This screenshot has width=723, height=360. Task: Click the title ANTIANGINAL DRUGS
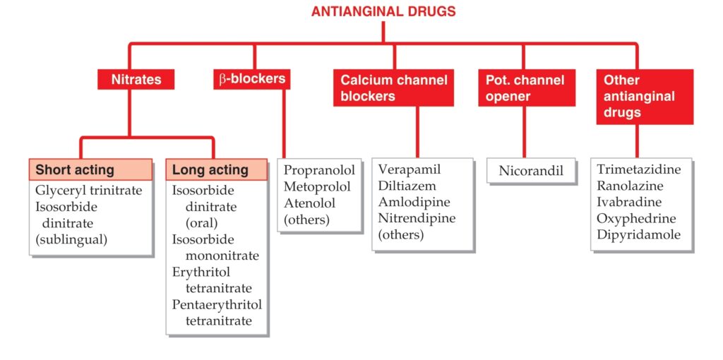coord(383,11)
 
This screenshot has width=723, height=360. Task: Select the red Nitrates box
coord(136,79)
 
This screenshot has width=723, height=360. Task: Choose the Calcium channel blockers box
coord(394,88)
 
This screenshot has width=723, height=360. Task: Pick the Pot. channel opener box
coord(527,88)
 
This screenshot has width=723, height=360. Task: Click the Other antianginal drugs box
coord(645,97)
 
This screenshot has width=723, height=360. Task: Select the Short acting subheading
coord(91,169)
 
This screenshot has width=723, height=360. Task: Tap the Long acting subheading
coord(217,169)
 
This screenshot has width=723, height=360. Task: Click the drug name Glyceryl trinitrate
coord(88,191)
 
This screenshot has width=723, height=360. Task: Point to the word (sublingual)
coord(71,240)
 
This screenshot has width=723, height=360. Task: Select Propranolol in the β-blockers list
coord(319,170)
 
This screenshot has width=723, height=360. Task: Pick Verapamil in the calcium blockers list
coord(410,169)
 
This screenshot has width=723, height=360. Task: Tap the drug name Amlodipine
coord(414,202)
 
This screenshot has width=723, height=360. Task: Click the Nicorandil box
coord(531,171)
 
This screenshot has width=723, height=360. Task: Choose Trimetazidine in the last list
coord(638,169)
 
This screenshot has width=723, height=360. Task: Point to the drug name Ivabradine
coord(629,202)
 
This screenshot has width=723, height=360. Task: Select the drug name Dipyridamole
coord(638,234)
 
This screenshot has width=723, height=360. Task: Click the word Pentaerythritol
coord(217,305)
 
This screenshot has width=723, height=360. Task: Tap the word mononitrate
coord(222,256)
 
